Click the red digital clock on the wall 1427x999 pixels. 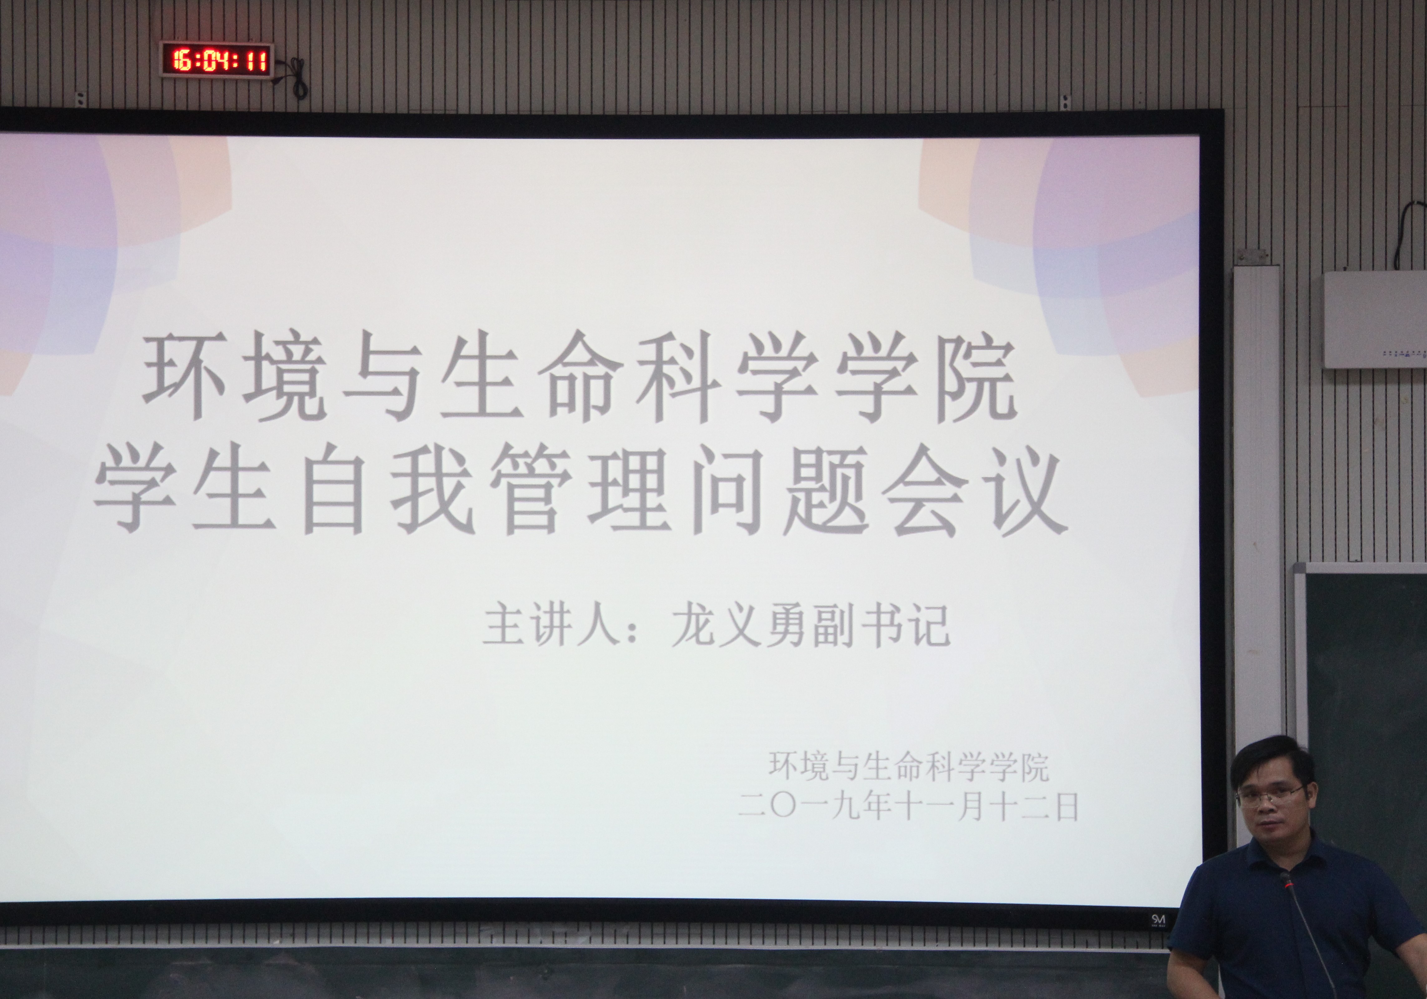(x=216, y=60)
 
